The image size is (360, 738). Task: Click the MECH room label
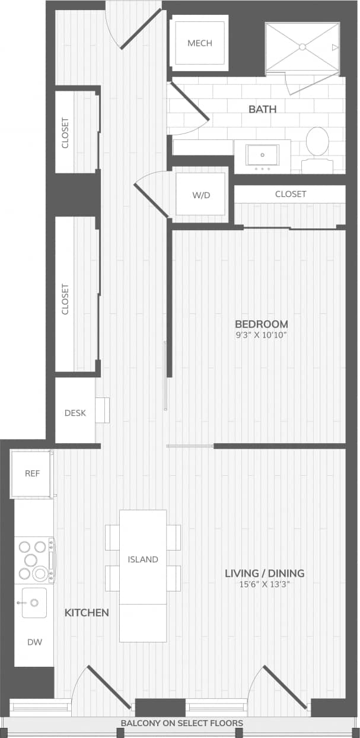click(x=199, y=43)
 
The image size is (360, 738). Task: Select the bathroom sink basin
click(x=262, y=155)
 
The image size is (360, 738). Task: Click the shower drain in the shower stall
click(x=302, y=46)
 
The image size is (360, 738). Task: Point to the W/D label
click(x=202, y=195)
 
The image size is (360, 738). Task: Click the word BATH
click(x=262, y=109)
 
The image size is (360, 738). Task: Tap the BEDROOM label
click(x=262, y=324)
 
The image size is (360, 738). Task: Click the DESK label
click(x=75, y=413)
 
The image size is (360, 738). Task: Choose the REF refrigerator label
click(x=32, y=473)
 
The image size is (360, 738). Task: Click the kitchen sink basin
click(x=34, y=603)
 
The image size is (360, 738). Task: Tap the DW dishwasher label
click(x=34, y=642)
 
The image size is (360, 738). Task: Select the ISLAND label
click(x=143, y=559)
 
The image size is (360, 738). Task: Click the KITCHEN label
click(x=87, y=612)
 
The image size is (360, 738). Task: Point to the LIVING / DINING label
click(x=265, y=573)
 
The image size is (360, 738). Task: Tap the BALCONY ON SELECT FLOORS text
click(x=181, y=723)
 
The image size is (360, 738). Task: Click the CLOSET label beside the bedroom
click(x=291, y=194)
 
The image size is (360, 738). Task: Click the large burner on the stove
click(x=40, y=573)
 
